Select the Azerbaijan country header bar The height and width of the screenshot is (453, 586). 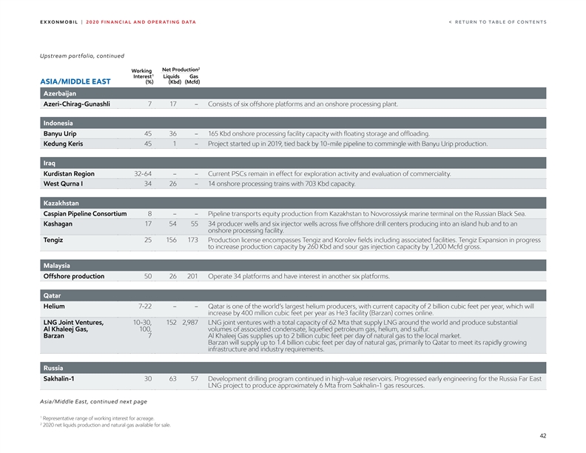click(293, 93)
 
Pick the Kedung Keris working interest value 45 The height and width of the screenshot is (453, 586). click(148, 144)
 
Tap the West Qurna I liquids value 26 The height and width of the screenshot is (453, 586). click(172, 184)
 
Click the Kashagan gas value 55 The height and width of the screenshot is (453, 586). click(194, 224)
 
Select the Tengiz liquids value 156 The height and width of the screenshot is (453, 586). click(171, 240)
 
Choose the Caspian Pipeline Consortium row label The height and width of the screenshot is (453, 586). click(85, 214)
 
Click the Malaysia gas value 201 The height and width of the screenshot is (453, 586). click(192, 276)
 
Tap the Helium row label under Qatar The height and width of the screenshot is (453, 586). click(54, 306)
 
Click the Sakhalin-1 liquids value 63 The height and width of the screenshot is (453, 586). click(172, 378)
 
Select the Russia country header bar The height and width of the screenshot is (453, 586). click(293, 368)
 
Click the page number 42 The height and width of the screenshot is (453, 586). click(542, 437)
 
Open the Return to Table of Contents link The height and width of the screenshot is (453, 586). click(497, 21)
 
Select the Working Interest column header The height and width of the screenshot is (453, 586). click(142, 75)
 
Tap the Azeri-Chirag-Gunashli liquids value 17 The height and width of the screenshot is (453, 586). click(172, 104)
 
